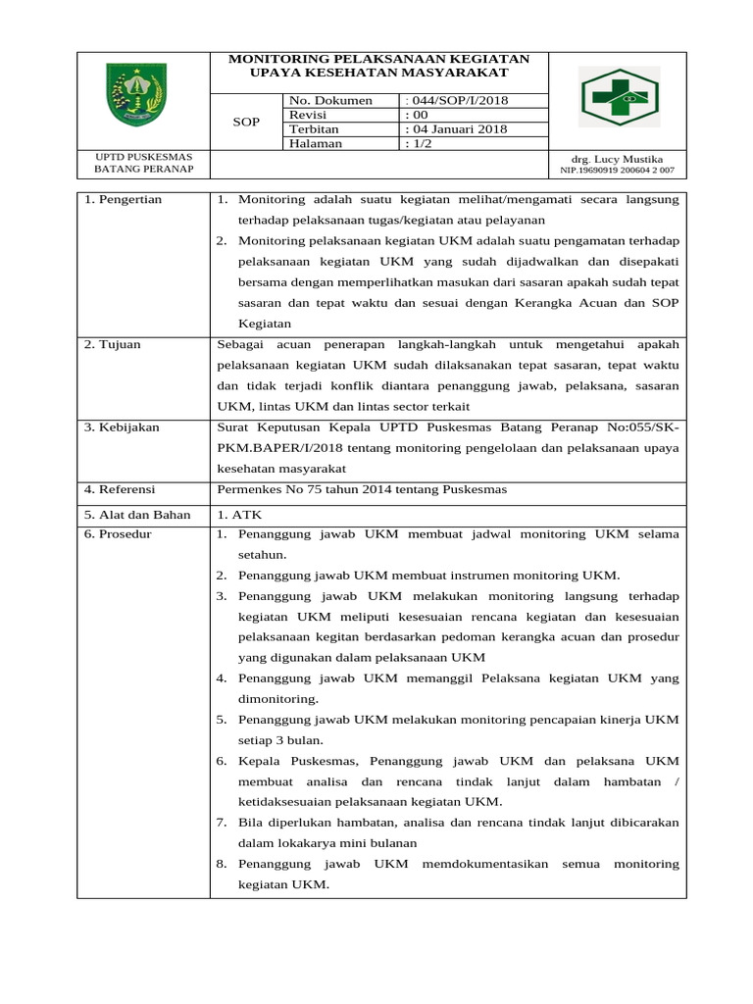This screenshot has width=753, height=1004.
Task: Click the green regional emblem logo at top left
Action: pos(136,93)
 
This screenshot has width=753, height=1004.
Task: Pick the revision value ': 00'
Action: pos(417,115)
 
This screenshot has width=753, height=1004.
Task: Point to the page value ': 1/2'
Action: pos(419,144)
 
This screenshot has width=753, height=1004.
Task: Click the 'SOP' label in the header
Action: pos(245,123)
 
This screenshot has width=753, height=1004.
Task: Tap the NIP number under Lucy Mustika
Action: pos(617,171)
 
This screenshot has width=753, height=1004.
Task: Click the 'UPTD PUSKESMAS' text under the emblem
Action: pos(143,157)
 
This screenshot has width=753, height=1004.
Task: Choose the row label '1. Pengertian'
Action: pos(124,200)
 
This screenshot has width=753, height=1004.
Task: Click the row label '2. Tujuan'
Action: pos(113,345)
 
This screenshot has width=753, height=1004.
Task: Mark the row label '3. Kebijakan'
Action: pos(122,427)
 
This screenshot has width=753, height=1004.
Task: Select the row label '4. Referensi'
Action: pos(121,489)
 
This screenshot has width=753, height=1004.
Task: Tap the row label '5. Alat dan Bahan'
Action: pos(135,514)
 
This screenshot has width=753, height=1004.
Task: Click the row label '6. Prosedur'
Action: pos(119,534)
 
